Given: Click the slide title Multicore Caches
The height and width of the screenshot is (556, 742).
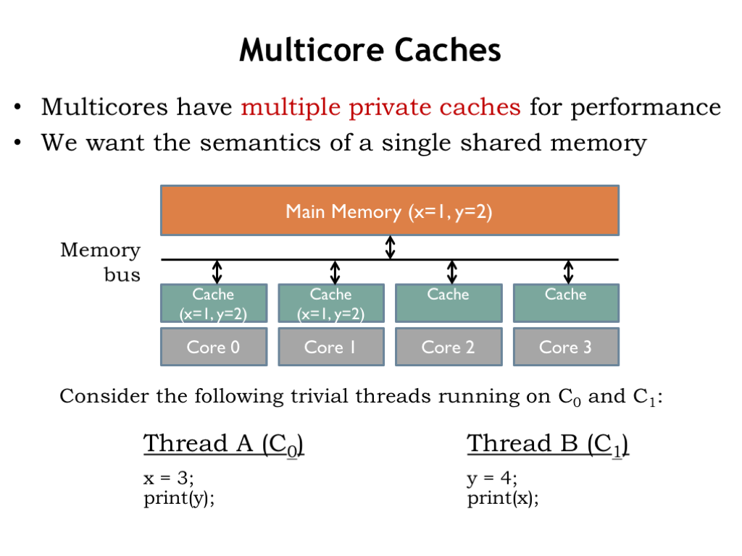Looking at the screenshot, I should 370,51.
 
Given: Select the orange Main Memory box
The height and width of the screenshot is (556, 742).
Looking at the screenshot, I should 389,211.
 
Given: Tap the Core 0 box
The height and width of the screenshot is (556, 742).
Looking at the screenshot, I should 213,347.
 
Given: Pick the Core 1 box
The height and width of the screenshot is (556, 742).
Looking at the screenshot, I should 330,347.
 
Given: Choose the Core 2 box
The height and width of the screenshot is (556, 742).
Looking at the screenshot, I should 448,347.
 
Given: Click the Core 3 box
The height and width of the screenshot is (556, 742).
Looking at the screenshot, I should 565,347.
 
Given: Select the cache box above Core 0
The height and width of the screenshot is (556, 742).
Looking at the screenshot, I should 213,303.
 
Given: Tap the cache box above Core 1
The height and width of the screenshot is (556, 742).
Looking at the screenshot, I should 330,303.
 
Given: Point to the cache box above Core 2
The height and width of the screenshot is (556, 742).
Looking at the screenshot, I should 448,303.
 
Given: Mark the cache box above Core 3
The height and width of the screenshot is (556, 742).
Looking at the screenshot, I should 565,303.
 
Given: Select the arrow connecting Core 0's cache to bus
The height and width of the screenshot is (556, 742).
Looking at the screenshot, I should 216,271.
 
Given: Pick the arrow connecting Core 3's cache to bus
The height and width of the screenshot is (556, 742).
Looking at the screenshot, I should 568,271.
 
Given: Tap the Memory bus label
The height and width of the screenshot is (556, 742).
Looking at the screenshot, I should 101,262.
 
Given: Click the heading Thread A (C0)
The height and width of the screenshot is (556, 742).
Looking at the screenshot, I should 223,443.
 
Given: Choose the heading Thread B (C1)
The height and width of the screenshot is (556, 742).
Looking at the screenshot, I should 548,443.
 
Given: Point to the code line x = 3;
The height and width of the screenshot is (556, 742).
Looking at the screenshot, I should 169,478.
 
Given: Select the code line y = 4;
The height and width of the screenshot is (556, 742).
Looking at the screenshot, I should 492,478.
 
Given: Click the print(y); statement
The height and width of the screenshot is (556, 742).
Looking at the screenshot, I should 179,499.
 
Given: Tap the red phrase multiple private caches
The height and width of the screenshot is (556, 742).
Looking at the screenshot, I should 380,107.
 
